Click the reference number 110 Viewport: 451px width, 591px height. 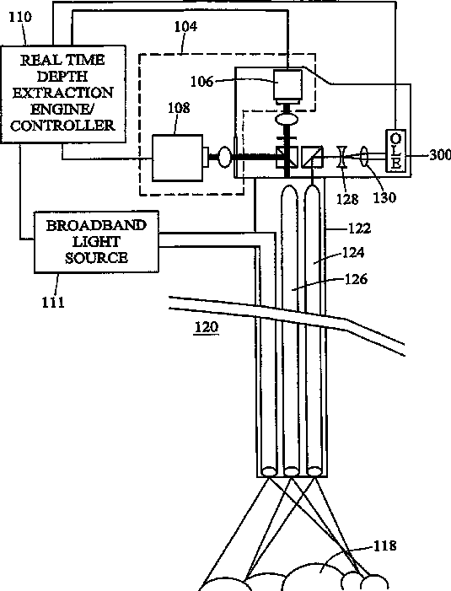pos(21,17)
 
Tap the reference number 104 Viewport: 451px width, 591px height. pos(185,26)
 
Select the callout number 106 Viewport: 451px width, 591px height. pos(202,82)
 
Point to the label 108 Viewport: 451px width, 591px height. pos(179,108)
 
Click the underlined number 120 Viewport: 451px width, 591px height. pos(207,326)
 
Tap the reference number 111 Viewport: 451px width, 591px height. pos(53,302)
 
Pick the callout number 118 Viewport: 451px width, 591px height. pos(384,545)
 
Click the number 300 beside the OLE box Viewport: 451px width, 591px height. pos(440,154)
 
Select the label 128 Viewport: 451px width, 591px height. pos(347,199)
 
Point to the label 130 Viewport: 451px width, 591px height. pos(384,197)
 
